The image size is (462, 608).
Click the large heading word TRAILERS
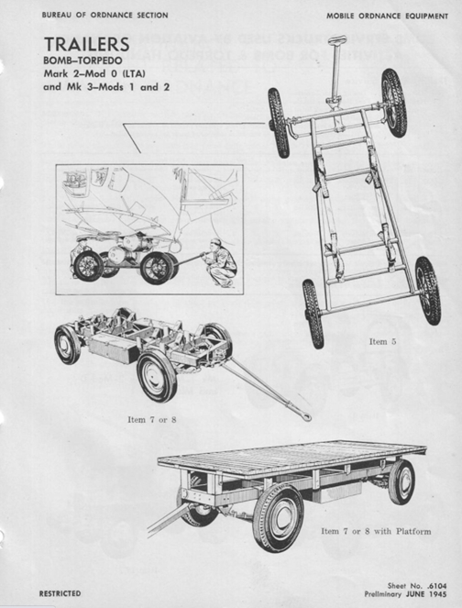pyautogui.click(x=86, y=44)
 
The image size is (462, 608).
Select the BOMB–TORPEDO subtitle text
pyautogui.click(x=82, y=61)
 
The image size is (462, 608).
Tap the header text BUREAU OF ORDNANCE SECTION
pyautogui.click(x=105, y=16)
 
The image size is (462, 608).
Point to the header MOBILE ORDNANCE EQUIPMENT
pyautogui.click(x=387, y=17)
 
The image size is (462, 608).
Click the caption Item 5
pyautogui.click(x=382, y=342)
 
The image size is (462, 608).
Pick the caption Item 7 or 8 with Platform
pyautogui.click(x=376, y=531)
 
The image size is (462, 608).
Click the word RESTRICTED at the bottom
pyautogui.click(x=60, y=593)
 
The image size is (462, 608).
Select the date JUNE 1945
pyautogui.click(x=426, y=594)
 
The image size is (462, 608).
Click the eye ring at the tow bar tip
pyautogui.click(x=306, y=417)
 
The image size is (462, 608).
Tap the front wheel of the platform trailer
pyautogui.click(x=278, y=517)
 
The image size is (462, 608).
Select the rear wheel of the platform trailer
pyautogui.click(x=401, y=482)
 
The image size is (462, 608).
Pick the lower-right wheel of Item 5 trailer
pyautogui.click(x=428, y=291)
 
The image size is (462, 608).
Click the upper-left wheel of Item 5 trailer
pyautogui.click(x=279, y=123)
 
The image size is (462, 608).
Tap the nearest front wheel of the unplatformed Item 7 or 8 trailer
pyautogui.click(x=157, y=375)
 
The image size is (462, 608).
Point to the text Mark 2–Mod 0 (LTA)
pyautogui.click(x=94, y=73)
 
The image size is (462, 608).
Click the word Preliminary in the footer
pyautogui.click(x=383, y=594)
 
